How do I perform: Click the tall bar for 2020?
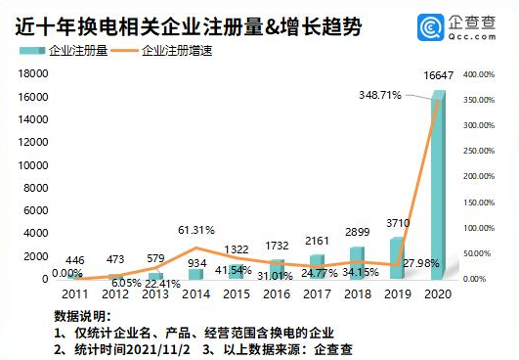click(438, 186)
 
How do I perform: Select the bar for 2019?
click(395, 257)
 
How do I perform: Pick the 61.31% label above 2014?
click(195, 230)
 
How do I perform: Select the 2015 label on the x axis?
click(236, 292)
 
